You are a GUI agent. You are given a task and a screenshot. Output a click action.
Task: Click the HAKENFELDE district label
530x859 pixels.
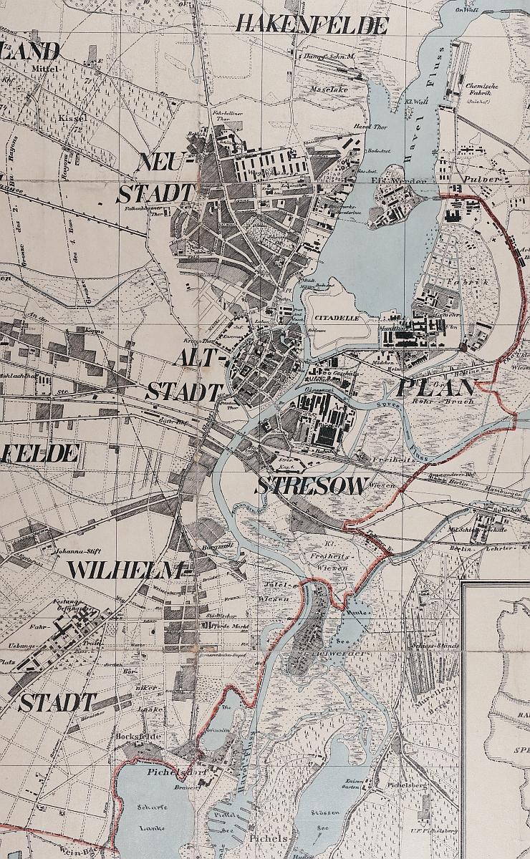point(312,25)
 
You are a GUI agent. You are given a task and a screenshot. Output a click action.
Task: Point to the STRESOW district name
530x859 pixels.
point(313,485)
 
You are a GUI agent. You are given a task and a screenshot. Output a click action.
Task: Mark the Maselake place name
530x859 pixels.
point(329,89)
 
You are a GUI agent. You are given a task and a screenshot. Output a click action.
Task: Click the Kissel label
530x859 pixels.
point(72,116)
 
